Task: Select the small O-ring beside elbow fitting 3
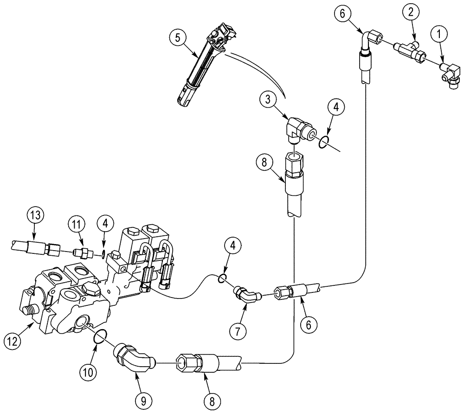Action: coord(325,142)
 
